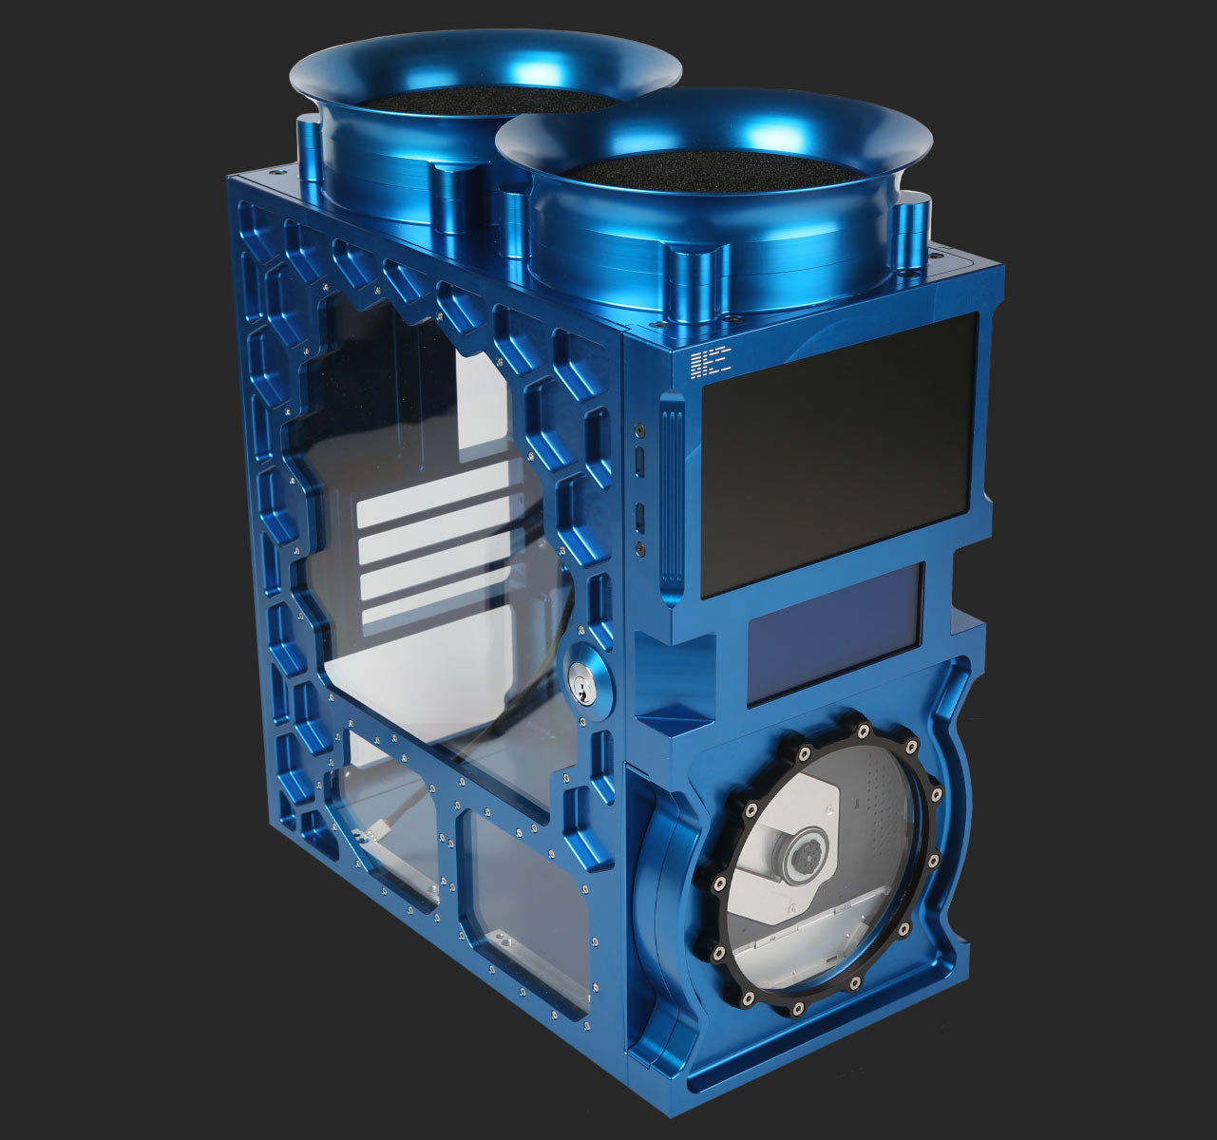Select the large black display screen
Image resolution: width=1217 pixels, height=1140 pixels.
(841, 454)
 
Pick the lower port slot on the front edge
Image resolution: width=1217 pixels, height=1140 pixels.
(640, 517)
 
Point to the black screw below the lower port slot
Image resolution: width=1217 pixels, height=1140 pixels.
(640, 548)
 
